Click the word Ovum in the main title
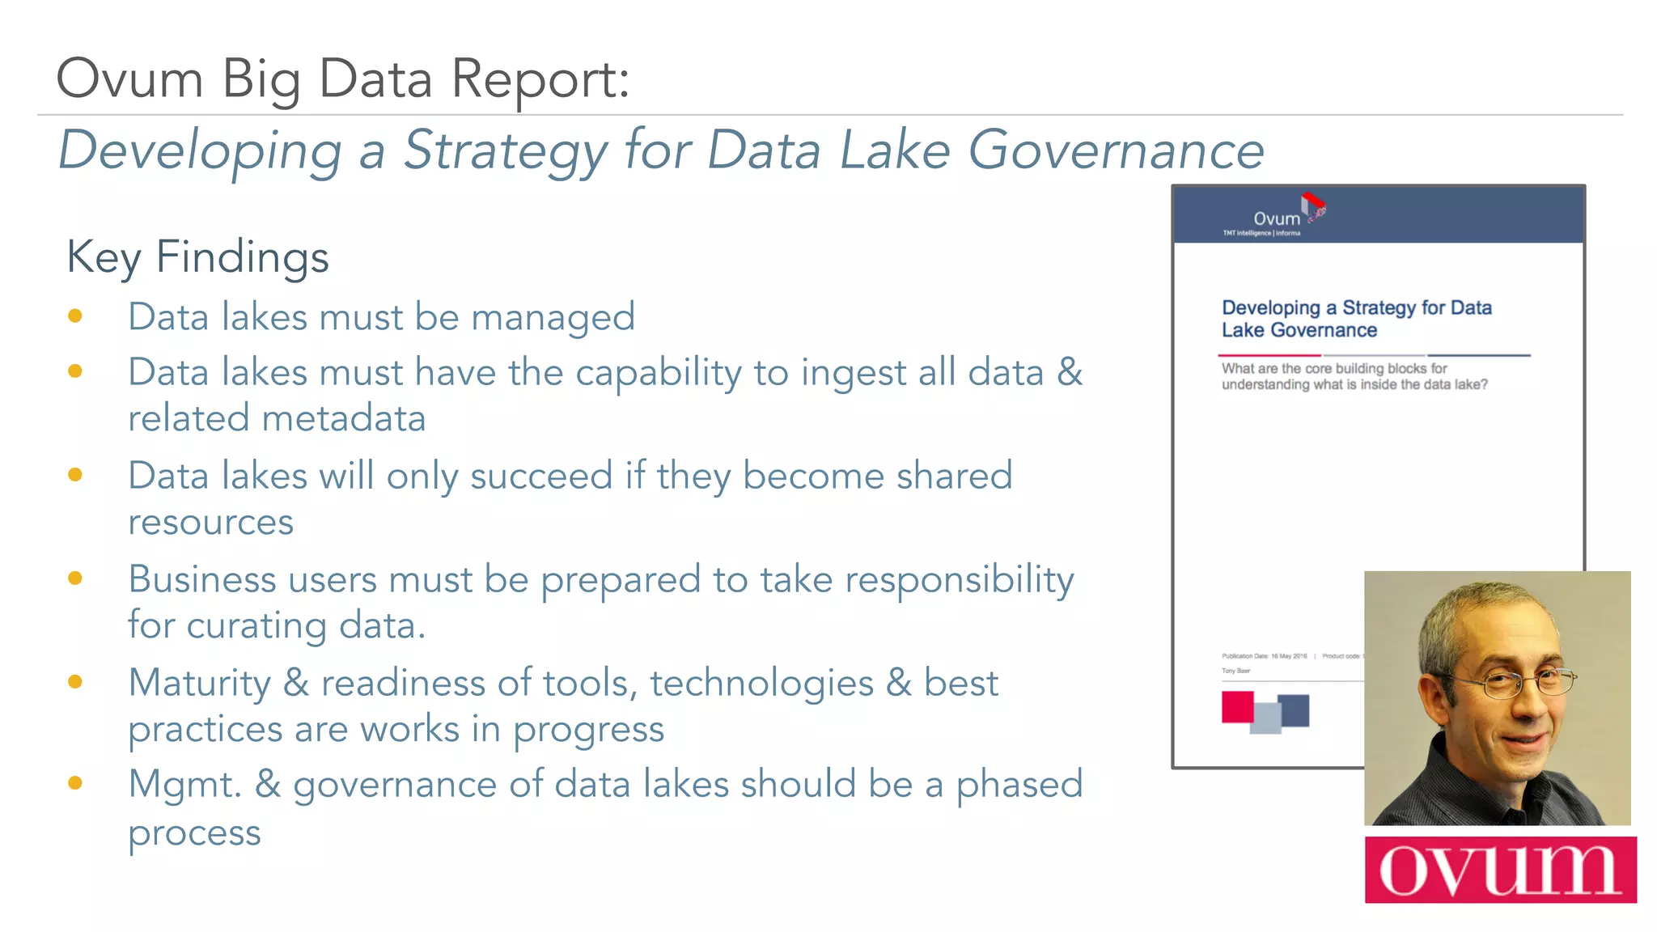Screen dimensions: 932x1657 129,79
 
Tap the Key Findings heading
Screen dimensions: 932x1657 197,257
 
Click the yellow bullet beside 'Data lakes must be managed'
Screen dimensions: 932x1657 75,316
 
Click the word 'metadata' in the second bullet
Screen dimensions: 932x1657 344,419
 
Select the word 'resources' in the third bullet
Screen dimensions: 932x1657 210,522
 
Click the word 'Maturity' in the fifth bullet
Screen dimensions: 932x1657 199,684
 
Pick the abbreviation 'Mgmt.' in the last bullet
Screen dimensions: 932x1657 185,785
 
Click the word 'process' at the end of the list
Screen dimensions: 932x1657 194,833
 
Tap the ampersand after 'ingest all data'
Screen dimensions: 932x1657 1070,372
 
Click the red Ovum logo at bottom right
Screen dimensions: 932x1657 1500,870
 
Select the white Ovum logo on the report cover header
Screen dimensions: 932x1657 1276,218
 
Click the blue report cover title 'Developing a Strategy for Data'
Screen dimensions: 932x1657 1356,308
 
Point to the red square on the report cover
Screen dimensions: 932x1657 1236,706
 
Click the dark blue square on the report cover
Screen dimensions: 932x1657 1294,710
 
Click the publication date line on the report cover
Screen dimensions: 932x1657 1264,656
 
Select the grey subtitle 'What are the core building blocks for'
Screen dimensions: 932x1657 1333,369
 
